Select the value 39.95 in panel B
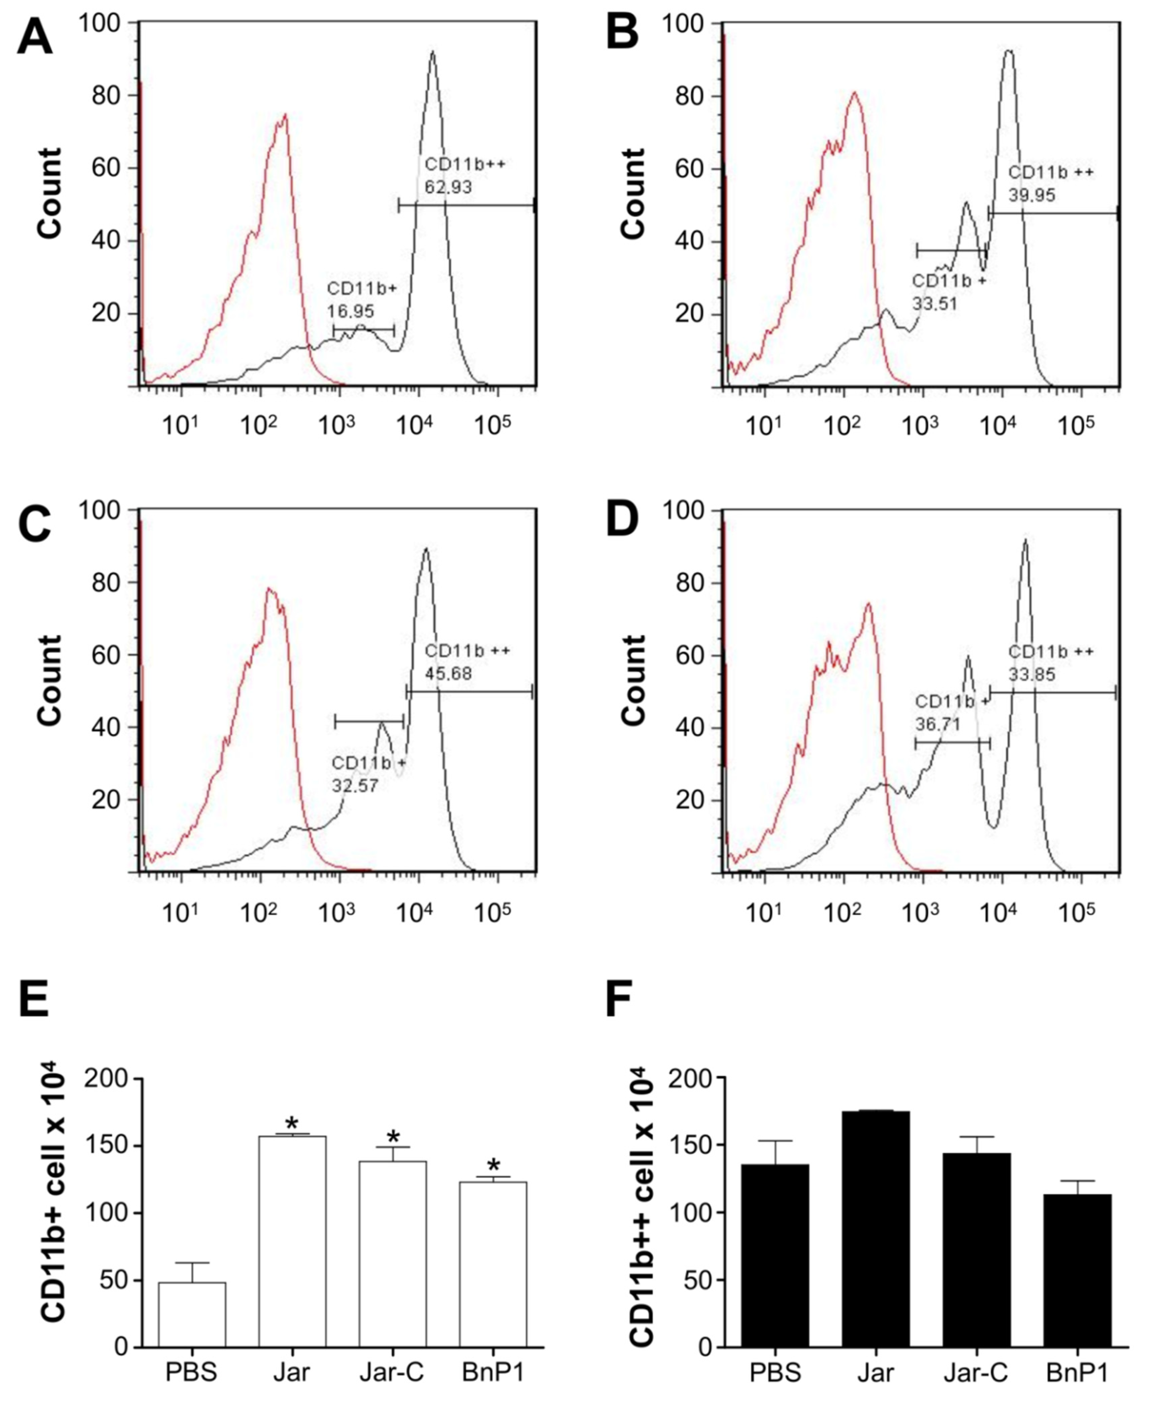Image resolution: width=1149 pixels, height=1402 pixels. (x=1032, y=195)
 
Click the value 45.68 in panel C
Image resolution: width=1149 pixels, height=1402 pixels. (x=448, y=674)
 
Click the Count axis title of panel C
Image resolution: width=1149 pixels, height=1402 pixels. (x=50, y=680)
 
